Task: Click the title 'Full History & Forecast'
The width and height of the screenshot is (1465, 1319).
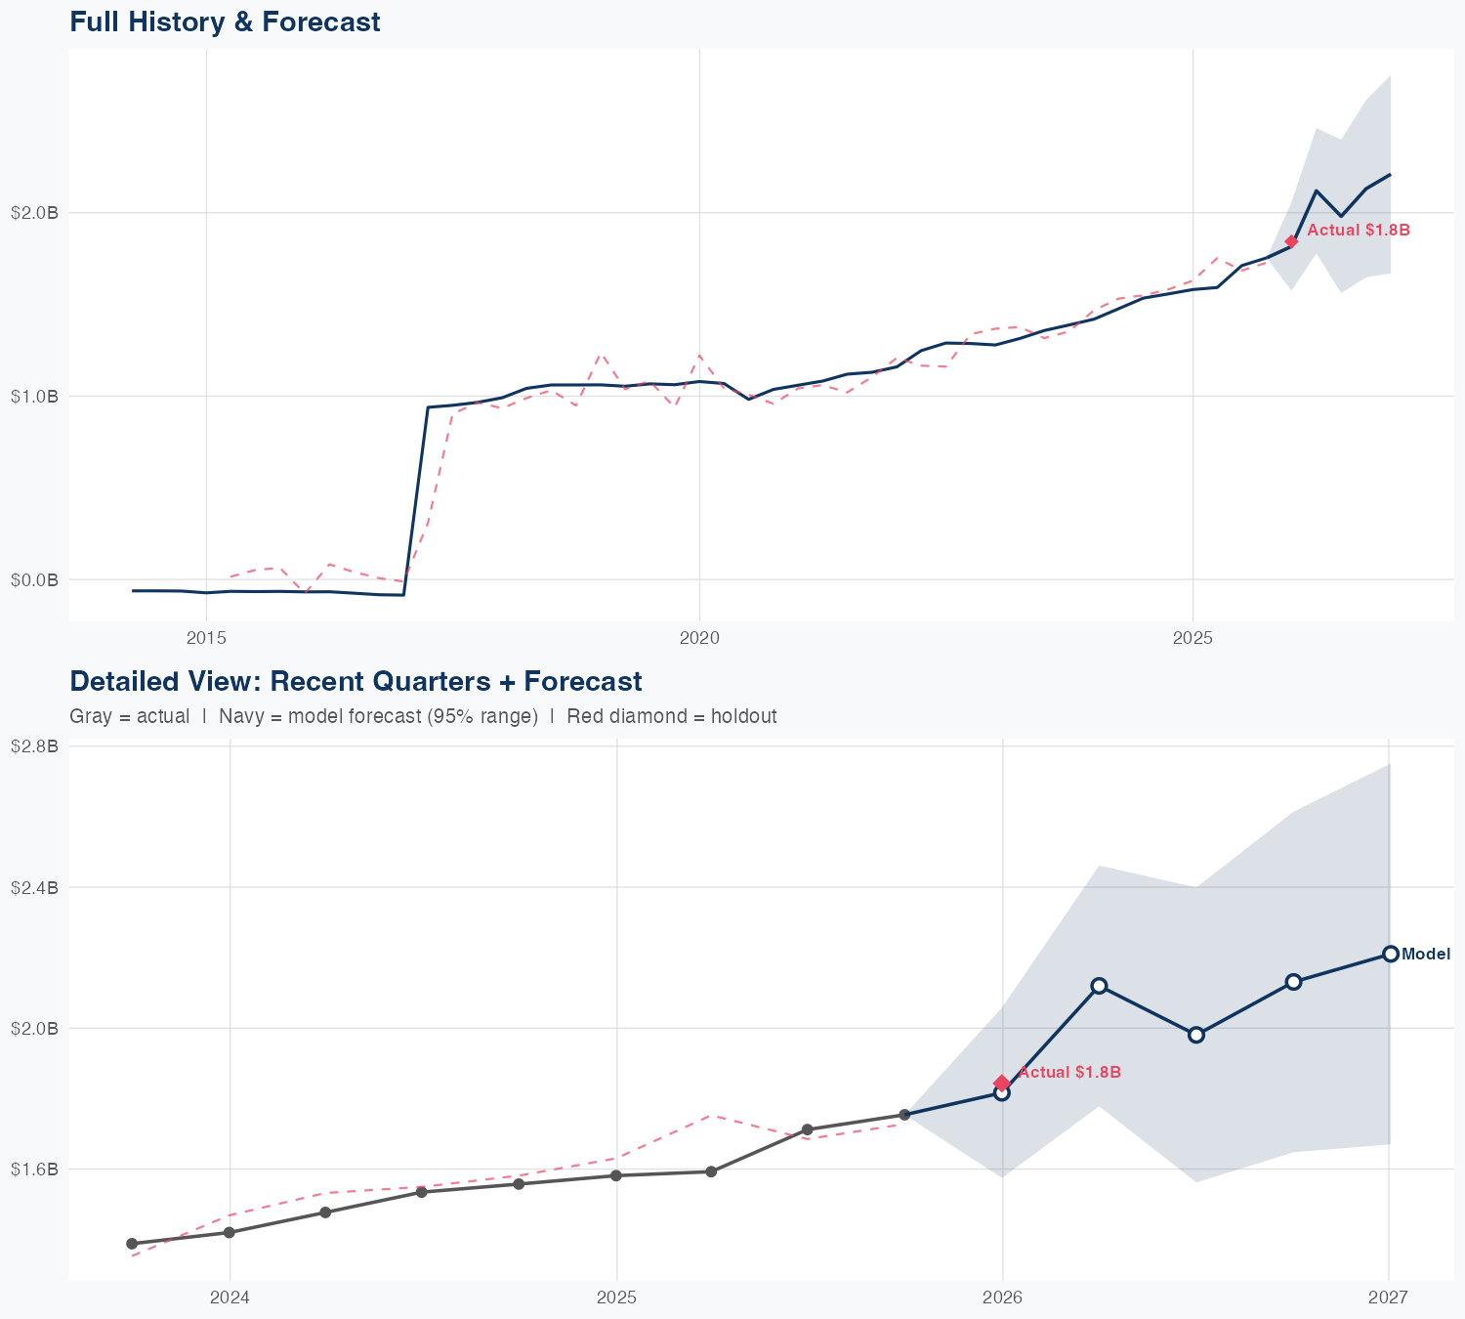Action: [x=225, y=21]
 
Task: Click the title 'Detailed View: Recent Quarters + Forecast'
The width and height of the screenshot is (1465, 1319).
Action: [x=356, y=681]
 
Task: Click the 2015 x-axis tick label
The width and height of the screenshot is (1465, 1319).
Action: [x=206, y=638]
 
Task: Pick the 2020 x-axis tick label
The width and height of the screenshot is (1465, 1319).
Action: [x=699, y=638]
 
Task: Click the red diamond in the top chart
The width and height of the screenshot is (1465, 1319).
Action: [x=1291, y=241]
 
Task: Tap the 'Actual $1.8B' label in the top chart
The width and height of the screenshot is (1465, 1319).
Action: [x=1358, y=231]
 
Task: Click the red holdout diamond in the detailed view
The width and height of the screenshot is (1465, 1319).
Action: [x=1001, y=1083]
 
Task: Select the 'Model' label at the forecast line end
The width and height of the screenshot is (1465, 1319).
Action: [x=1425, y=955]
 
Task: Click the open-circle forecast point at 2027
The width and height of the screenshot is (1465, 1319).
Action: [x=1389, y=954]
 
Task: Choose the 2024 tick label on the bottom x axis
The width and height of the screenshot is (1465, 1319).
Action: [x=230, y=1298]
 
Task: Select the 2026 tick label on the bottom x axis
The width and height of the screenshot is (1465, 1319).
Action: [x=1002, y=1298]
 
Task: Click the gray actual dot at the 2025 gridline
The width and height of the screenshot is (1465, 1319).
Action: [x=616, y=1175]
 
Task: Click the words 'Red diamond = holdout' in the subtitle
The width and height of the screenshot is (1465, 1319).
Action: [x=671, y=716]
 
